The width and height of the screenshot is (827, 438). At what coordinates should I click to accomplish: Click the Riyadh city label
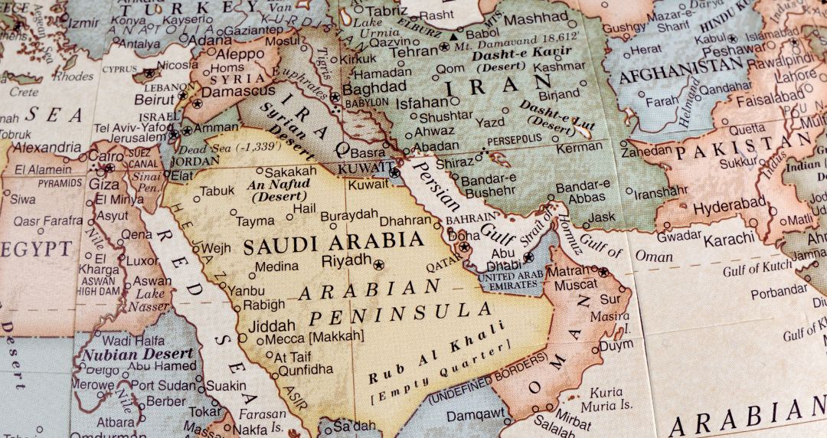point(346,261)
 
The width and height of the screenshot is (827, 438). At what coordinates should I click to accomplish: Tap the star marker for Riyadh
point(378,264)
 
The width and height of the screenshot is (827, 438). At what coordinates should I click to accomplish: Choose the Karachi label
point(728,239)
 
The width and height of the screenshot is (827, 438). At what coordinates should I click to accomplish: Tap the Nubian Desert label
point(138,355)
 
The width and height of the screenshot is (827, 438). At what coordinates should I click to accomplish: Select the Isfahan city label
point(421,102)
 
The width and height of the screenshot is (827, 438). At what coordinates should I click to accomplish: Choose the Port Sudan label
point(167,385)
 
